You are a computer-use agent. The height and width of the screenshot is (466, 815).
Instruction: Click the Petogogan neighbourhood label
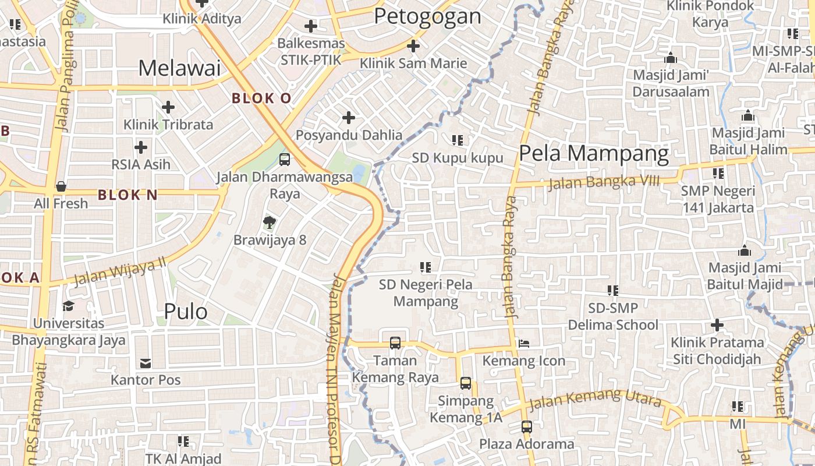(427, 16)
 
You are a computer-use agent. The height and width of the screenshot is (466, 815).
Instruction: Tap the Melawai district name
(179, 68)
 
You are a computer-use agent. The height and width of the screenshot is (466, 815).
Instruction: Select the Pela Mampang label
(594, 154)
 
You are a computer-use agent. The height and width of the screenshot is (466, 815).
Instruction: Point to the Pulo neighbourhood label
(186, 312)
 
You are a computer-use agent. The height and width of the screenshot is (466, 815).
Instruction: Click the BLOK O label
(261, 98)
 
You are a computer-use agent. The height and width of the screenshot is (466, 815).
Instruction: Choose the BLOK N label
(127, 195)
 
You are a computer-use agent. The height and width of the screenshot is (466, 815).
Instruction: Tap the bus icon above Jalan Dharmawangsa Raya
(285, 159)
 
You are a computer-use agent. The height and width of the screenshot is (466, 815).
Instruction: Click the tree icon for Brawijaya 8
(269, 222)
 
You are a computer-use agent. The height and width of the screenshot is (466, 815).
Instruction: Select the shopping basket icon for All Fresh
(61, 186)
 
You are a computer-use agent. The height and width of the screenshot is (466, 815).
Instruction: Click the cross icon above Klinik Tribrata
(168, 107)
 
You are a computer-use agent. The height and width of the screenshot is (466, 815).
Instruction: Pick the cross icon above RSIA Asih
(141, 147)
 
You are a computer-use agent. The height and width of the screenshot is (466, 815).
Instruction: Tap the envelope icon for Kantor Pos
(146, 363)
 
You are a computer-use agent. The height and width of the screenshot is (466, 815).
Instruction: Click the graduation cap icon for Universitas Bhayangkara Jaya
(69, 306)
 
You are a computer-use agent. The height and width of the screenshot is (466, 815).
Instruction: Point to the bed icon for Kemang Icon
(524, 343)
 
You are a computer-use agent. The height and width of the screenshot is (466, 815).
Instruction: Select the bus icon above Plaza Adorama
(527, 426)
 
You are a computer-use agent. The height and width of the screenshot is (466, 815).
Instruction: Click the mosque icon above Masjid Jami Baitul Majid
(745, 251)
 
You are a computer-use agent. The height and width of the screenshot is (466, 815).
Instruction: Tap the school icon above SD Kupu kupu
(458, 140)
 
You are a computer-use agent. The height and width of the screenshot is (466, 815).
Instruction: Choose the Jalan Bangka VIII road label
(604, 182)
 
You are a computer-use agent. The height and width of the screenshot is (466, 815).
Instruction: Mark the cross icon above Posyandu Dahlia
(349, 118)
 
